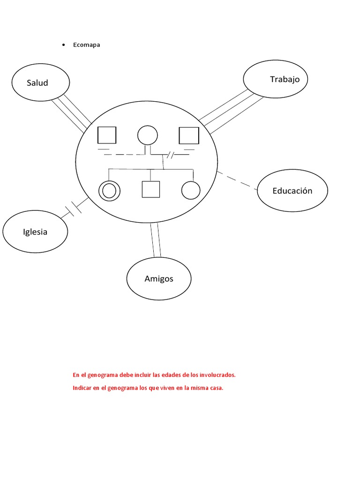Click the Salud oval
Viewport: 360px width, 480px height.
point(41,83)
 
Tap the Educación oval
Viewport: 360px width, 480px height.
point(292,191)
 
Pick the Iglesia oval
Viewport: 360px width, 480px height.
point(35,232)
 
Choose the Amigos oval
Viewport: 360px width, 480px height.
point(159,279)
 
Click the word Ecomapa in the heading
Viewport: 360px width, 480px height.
point(87,45)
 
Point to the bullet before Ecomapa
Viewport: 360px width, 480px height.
point(63,45)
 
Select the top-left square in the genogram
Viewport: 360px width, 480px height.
point(107,135)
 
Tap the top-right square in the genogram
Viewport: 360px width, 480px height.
point(189,135)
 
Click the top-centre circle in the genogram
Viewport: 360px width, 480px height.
point(147,135)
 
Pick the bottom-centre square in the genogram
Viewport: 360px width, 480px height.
point(150,189)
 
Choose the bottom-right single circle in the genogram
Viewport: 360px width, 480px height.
point(191,190)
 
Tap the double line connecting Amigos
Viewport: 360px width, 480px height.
point(155,240)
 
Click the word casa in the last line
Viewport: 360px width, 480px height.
point(216,388)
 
